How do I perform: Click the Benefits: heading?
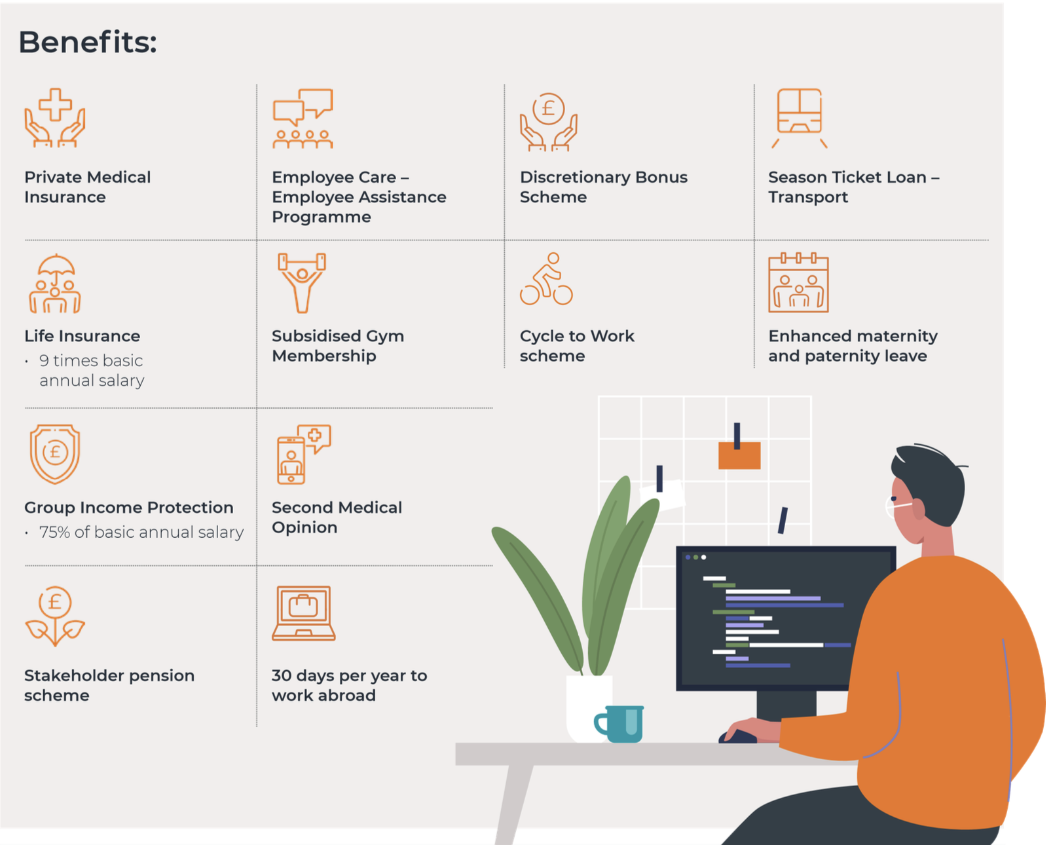click(88, 42)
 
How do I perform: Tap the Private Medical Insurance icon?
click(55, 118)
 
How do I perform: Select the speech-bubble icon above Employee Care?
click(303, 119)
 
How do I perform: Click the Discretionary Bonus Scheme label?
click(603, 187)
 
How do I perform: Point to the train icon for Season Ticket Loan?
click(799, 118)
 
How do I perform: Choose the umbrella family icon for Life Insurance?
click(55, 284)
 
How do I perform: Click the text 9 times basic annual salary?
click(92, 371)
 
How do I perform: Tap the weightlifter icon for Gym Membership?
click(302, 283)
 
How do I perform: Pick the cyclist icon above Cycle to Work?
click(547, 279)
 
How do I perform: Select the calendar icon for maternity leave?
click(798, 282)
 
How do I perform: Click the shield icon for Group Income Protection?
click(55, 455)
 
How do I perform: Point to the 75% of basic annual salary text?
click(141, 532)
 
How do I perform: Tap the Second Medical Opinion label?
click(337, 517)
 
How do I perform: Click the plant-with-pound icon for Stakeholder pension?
click(55, 616)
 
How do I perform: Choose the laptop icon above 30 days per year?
click(304, 613)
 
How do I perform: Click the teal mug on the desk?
click(619, 724)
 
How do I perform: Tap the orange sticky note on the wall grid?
click(739, 455)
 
